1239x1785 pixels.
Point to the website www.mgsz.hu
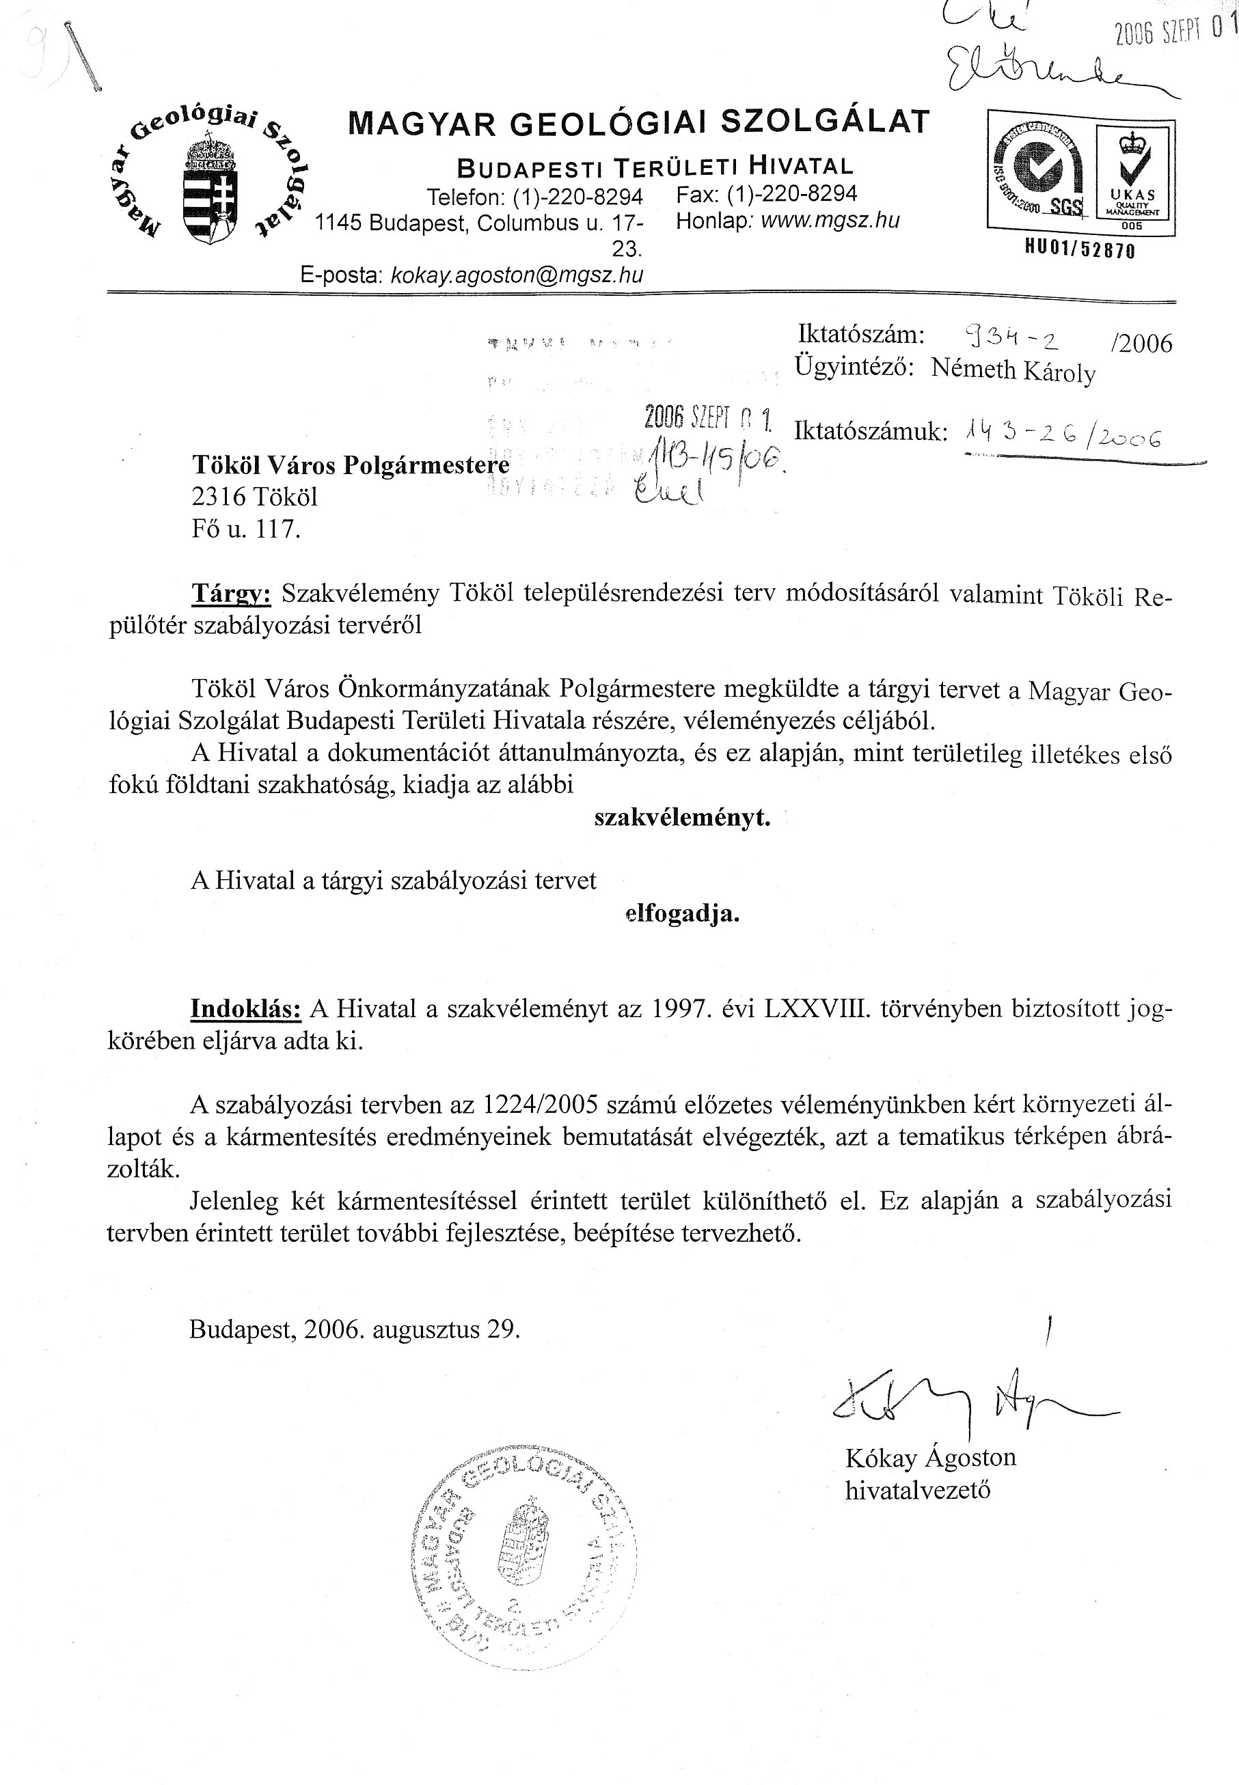830,221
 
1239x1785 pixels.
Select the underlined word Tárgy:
232,594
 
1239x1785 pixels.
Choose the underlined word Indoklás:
246,1009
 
